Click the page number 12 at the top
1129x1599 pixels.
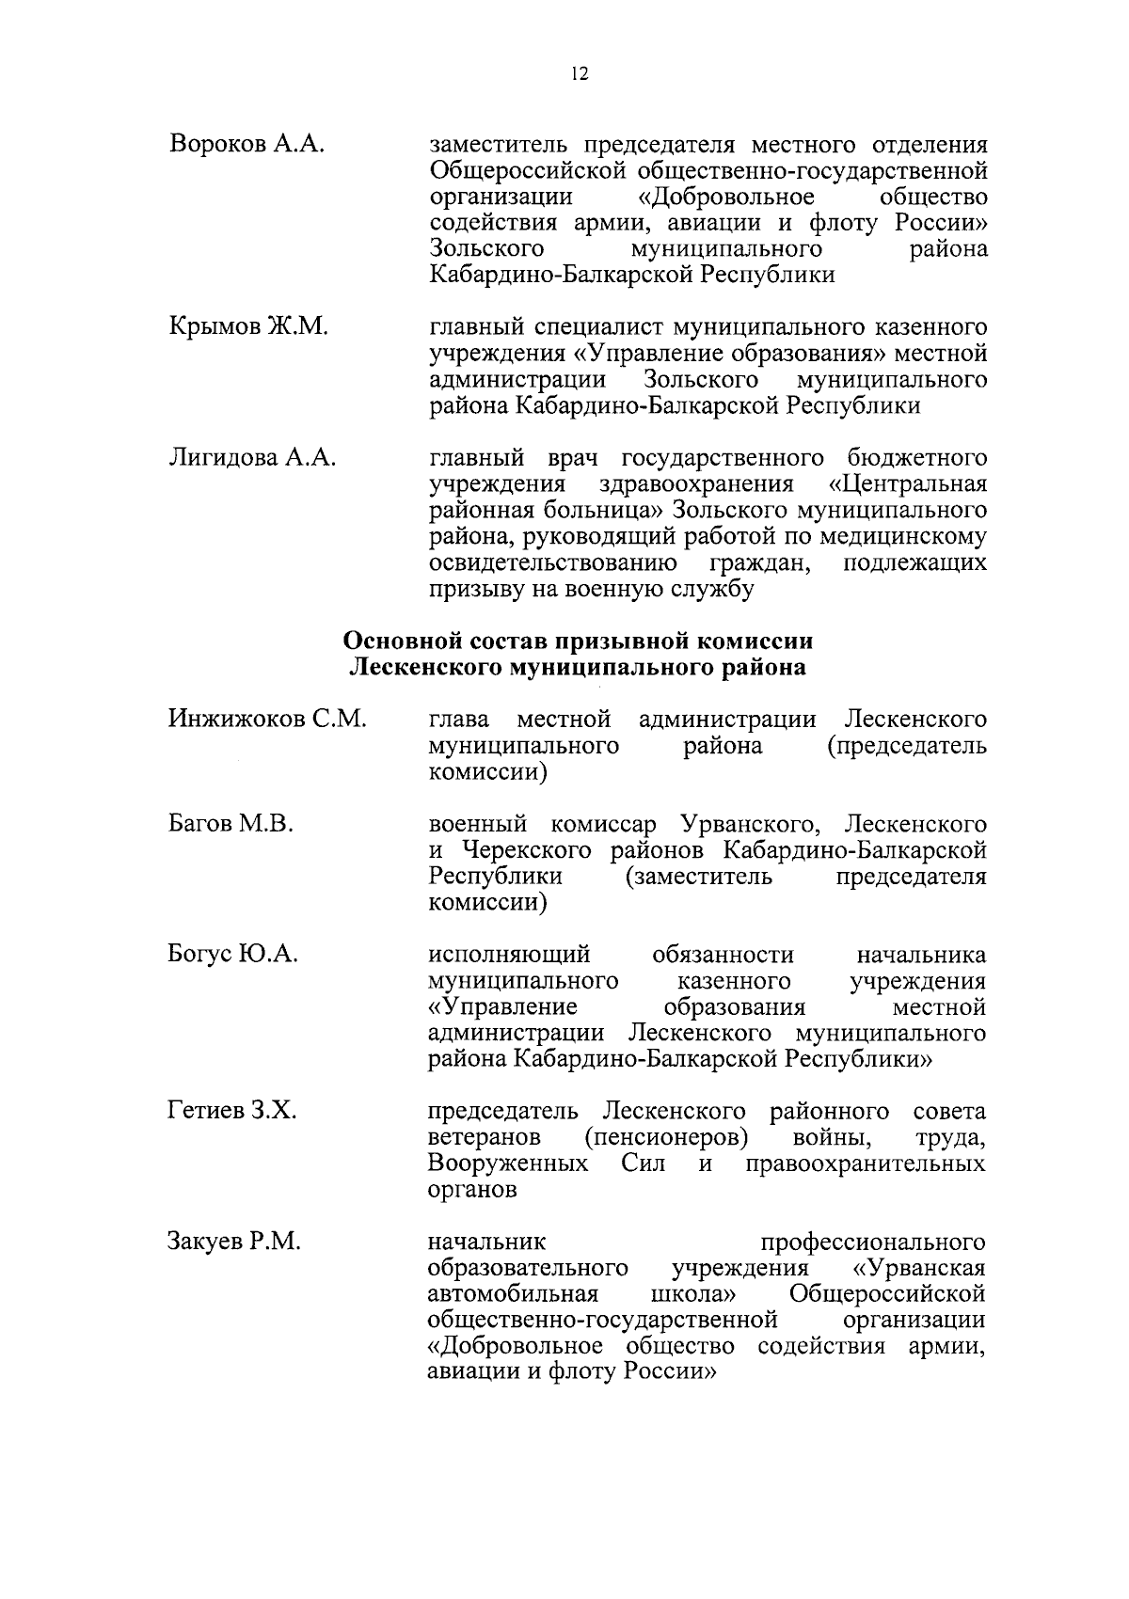pyautogui.click(x=579, y=76)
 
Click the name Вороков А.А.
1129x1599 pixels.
pyautogui.click(x=247, y=145)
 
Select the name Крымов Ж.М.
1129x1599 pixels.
pyautogui.click(x=249, y=327)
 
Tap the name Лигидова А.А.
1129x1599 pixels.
pyautogui.click(x=252, y=458)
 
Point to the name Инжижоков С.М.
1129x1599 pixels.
pyautogui.click(x=267, y=720)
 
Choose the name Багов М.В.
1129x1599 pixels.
pyautogui.click(x=231, y=824)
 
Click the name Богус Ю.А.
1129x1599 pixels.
pyautogui.click(x=233, y=954)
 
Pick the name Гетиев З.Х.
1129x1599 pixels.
pyautogui.click(x=232, y=1111)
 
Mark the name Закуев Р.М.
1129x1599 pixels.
pyautogui.click(x=234, y=1242)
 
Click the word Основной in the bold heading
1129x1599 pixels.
pyautogui.click(x=396, y=641)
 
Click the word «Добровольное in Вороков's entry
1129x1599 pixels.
pyautogui.click(x=720, y=197)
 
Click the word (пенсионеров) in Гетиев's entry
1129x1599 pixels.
pyautogui.click(x=666, y=1138)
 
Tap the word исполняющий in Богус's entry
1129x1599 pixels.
pyautogui.click(x=509, y=955)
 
